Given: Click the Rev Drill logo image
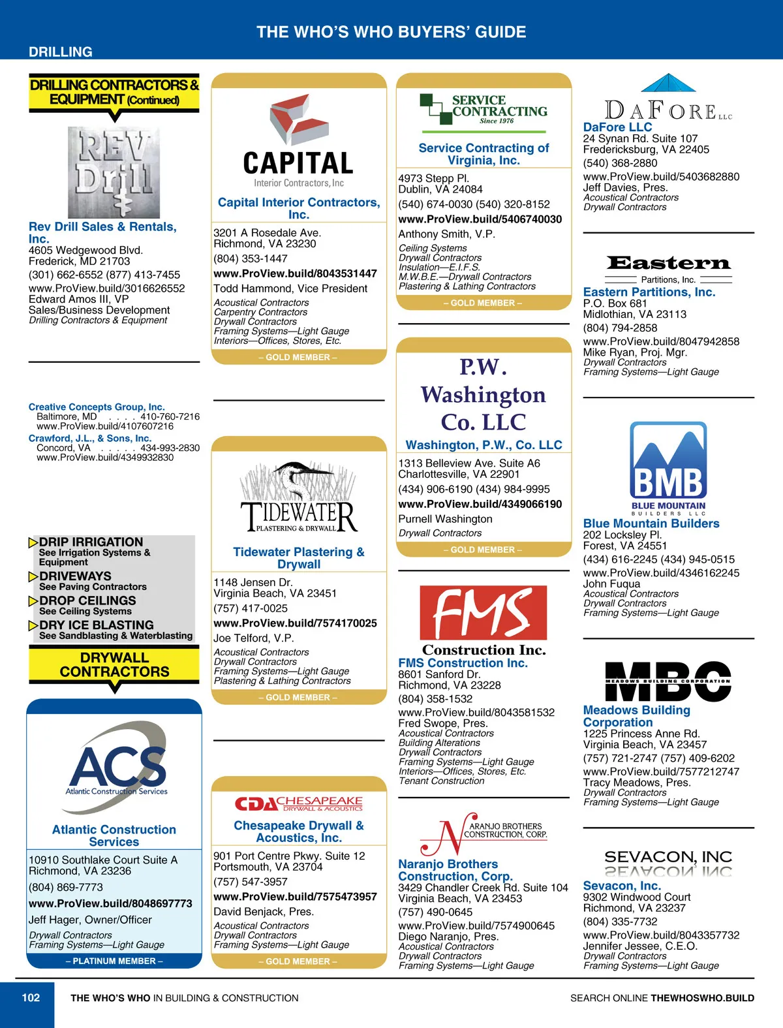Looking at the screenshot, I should tap(114, 172).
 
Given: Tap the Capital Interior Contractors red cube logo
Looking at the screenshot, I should tap(299, 118).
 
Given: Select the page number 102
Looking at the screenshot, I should tap(31, 997).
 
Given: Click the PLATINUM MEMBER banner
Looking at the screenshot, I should tap(114, 961).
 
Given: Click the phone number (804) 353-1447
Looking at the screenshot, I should tap(251, 258).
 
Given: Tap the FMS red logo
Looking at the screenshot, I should tap(483, 612).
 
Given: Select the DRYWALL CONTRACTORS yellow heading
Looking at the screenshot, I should tap(114, 664).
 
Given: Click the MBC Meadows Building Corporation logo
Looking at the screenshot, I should tap(668, 681).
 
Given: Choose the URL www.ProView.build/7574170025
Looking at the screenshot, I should tap(295, 623).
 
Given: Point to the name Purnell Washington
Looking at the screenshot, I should tap(445, 519).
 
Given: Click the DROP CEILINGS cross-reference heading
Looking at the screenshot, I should tap(87, 600).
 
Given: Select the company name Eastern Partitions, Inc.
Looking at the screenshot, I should tap(649, 292).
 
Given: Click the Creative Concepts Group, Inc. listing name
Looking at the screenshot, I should tap(97, 407).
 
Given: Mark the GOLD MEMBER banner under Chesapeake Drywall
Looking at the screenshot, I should tap(298, 961).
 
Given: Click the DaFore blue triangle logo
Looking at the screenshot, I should tap(668, 83).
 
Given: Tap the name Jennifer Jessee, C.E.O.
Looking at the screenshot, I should tap(640, 946).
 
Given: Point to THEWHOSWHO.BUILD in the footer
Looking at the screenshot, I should tap(702, 998).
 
